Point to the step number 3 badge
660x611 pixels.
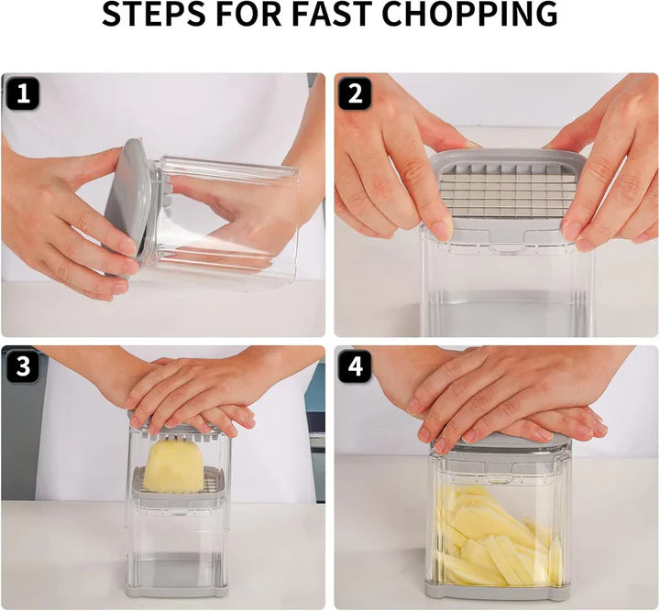(22, 366)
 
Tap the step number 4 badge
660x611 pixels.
(355, 366)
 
